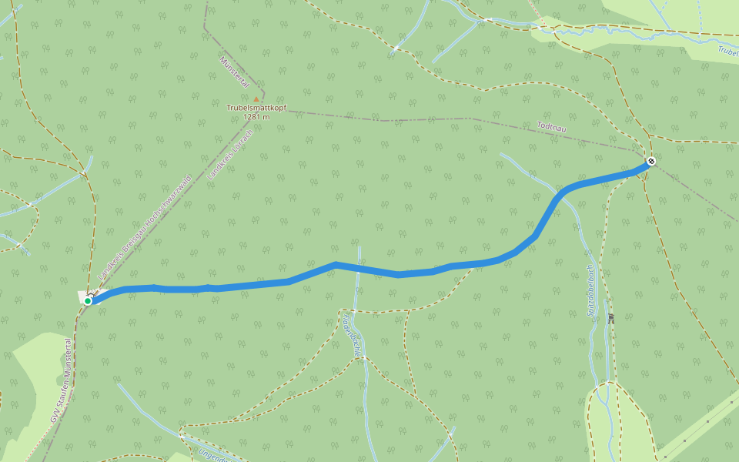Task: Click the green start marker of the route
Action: point(88,301)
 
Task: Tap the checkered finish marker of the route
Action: point(651,161)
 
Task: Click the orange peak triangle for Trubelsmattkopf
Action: point(256,99)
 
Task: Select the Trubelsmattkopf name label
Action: point(256,108)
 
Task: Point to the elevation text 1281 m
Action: point(256,117)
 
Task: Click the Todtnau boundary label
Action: point(551,127)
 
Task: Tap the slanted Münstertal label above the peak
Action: point(234,71)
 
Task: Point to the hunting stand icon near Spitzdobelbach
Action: point(611,316)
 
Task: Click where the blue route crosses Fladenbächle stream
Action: point(359,268)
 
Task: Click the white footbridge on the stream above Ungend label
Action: point(182,435)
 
